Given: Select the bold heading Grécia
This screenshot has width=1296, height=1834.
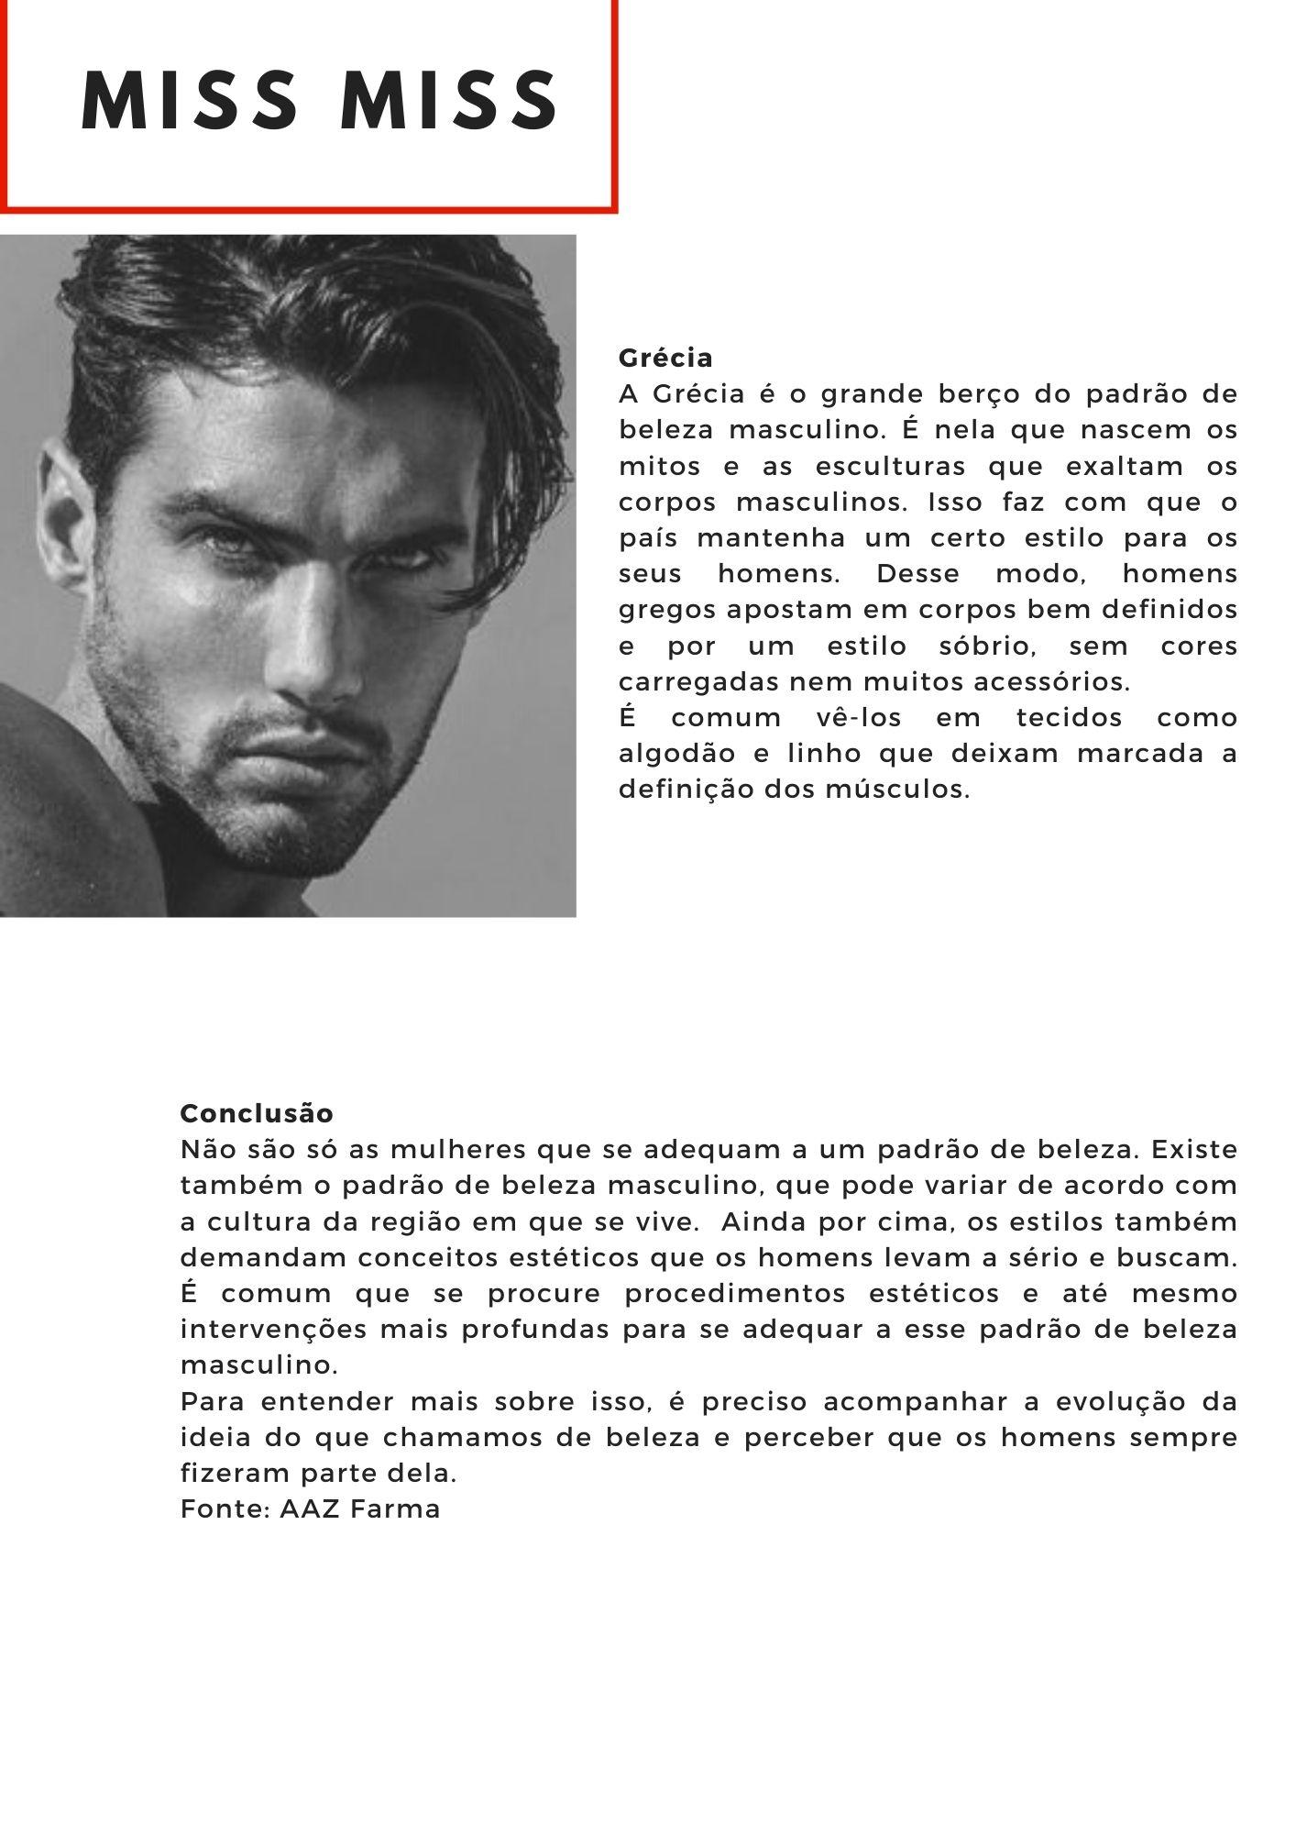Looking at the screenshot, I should coord(665,358).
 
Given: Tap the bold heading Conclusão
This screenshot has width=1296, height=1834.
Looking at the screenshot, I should coord(257,1113).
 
